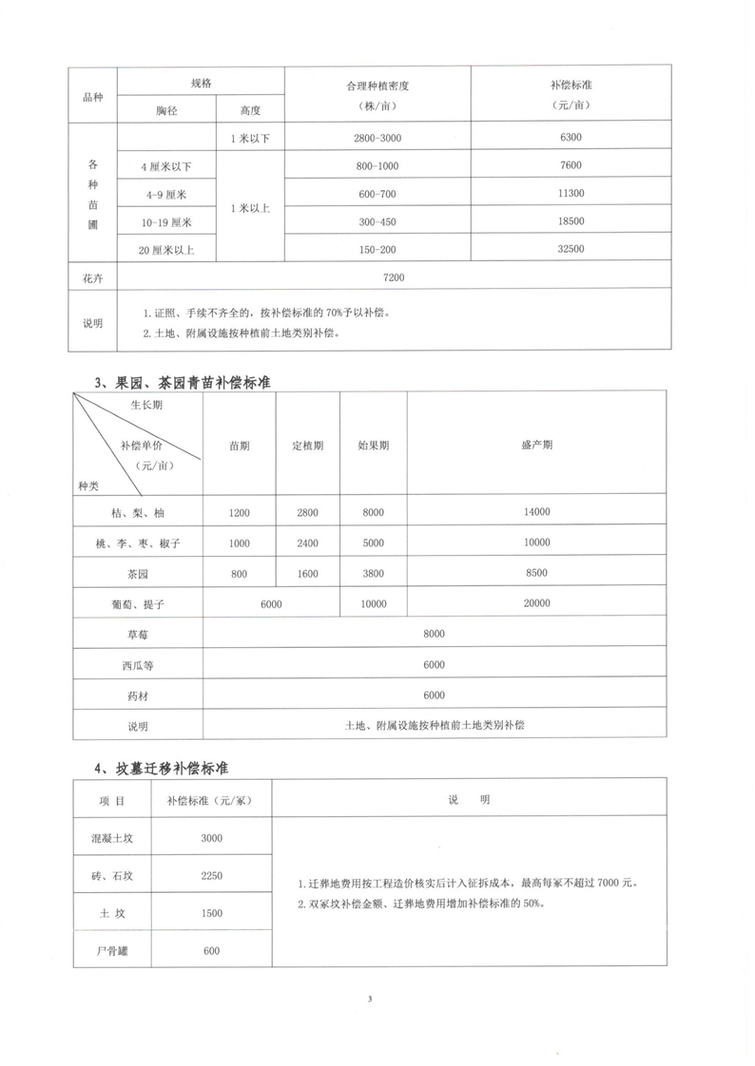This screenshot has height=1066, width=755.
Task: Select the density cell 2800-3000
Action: pyautogui.click(x=376, y=139)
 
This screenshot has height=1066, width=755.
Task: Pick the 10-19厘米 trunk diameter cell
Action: pyautogui.click(x=166, y=221)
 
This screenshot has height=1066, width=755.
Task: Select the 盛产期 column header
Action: pyautogui.click(x=536, y=446)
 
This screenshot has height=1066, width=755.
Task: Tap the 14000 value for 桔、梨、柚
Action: pyautogui.click(x=536, y=513)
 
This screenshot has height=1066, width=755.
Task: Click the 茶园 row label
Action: pyautogui.click(x=139, y=573)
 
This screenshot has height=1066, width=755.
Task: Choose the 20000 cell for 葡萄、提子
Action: pyautogui.click(x=536, y=603)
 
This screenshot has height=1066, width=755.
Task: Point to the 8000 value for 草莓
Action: pyautogui.click(x=435, y=634)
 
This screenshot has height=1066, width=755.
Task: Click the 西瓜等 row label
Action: pyautogui.click(x=139, y=665)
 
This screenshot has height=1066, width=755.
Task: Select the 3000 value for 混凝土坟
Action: pyautogui.click(x=212, y=838)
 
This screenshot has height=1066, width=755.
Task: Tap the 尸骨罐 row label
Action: pyautogui.click(x=112, y=951)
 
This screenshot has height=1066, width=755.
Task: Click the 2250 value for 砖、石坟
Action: pyautogui.click(x=212, y=875)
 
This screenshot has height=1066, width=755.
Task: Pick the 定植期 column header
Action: pyautogui.click(x=307, y=446)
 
